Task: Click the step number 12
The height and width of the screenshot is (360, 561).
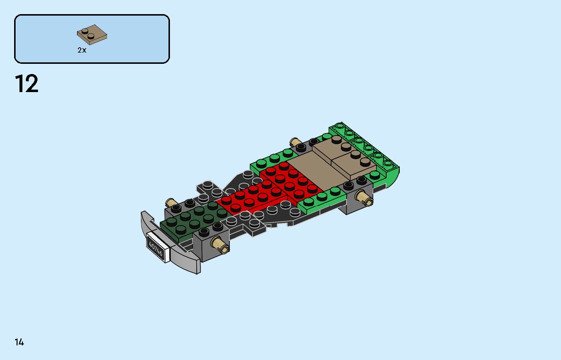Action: (x=27, y=84)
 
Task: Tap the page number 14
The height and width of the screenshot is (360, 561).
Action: (x=19, y=342)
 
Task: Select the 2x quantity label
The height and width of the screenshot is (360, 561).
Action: (x=82, y=50)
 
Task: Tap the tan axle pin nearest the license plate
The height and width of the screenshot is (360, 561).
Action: (x=220, y=245)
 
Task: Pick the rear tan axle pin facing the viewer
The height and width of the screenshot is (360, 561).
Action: (x=364, y=198)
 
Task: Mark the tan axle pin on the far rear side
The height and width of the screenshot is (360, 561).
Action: (x=295, y=142)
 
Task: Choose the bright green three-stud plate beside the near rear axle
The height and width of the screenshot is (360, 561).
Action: (x=321, y=199)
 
